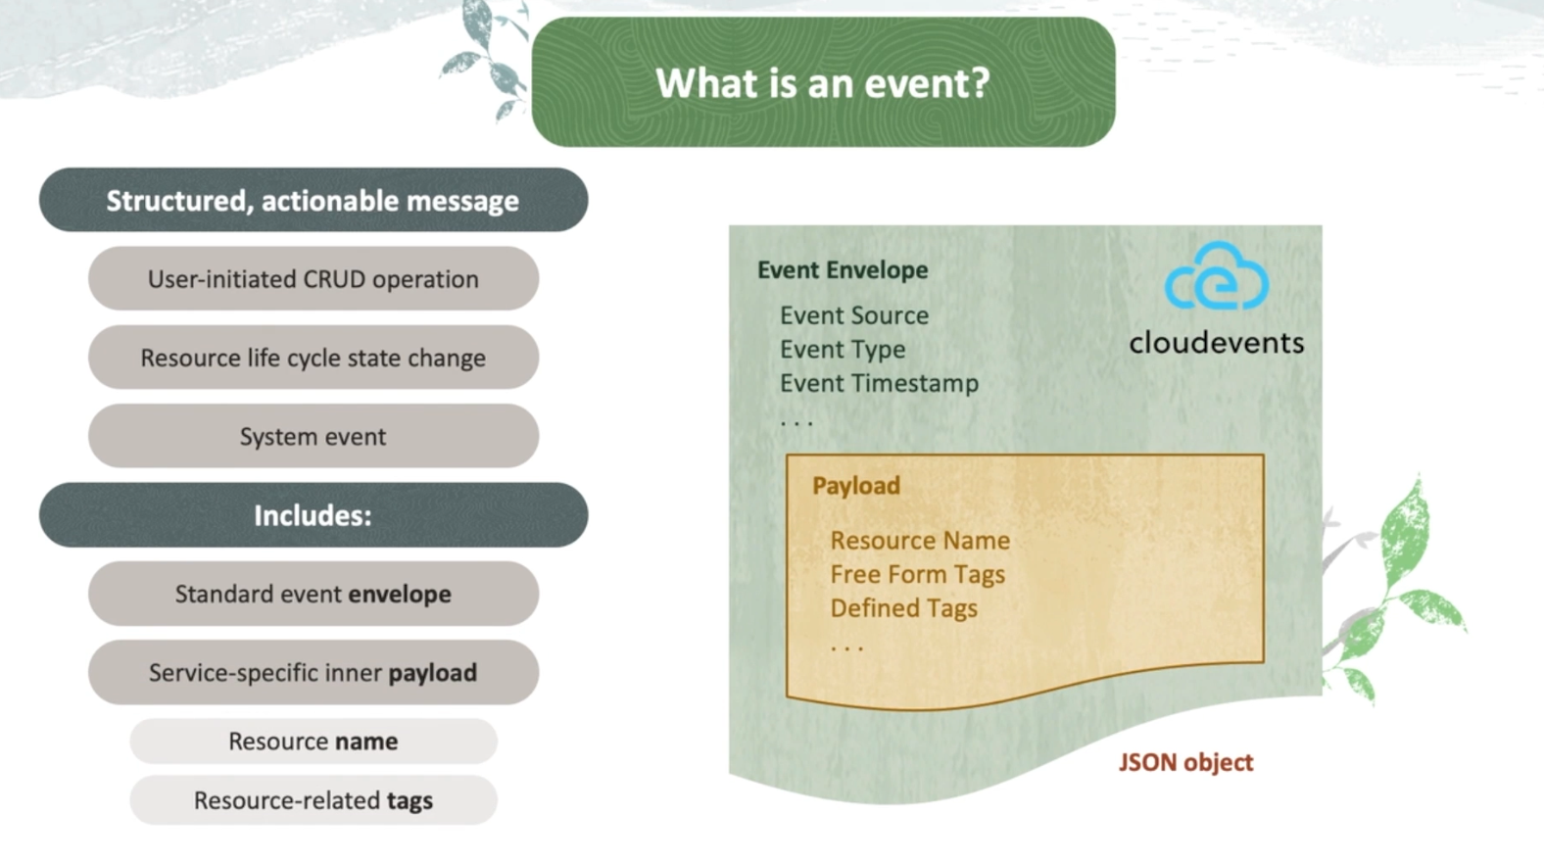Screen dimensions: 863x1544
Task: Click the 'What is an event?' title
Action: pyautogui.click(x=823, y=83)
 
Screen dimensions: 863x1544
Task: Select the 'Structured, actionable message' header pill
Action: pyautogui.click(x=313, y=201)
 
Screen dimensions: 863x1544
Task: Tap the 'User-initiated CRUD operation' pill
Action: pyautogui.click(x=313, y=279)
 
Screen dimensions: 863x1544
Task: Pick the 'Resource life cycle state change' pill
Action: pyautogui.click(x=313, y=358)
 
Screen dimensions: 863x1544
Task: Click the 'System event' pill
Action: pyautogui.click(x=313, y=436)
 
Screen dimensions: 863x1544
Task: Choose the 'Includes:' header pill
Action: pyautogui.click(x=313, y=515)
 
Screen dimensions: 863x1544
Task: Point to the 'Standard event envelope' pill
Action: pyautogui.click(x=313, y=594)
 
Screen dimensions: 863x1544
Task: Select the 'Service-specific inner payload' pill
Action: pyautogui.click(x=313, y=673)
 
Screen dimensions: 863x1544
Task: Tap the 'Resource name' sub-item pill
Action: pyautogui.click(x=313, y=742)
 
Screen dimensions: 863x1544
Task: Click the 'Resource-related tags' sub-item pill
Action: pyautogui.click(x=313, y=800)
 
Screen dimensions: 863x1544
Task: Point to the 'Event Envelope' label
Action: pyautogui.click(x=843, y=270)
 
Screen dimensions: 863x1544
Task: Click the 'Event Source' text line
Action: pyautogui.click(x=853, y=315)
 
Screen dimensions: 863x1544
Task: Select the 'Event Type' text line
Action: pyautogui.click(x=842, y=350)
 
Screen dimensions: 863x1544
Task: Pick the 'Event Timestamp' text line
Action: pyautogui.click(x=879, y=383)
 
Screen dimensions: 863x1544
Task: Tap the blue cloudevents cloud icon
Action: pyautogui.click(x=1217, y=277)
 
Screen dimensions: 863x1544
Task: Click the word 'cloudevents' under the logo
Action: pyautogui.click(x=1216, y=343)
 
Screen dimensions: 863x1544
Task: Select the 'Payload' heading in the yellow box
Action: pyautogui.click(x=855, y=486)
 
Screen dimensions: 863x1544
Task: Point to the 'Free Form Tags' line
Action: pyautogui.click(x=917, y=574)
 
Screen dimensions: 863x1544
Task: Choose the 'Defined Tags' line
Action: pyautogui.click(x=903, y=608)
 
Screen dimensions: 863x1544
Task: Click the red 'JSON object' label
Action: pyautogui.click(x=1185, y=762)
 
